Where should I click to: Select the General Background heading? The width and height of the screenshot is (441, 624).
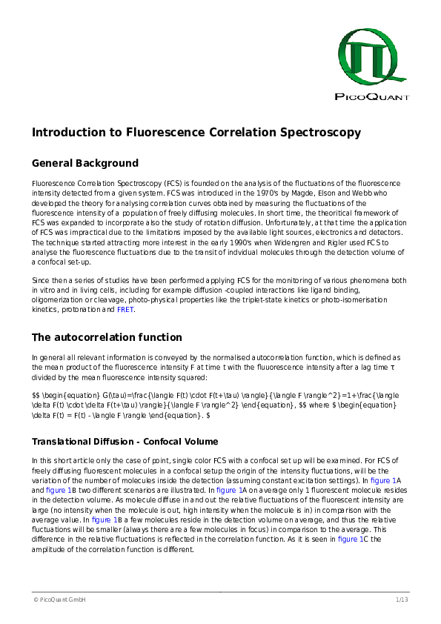[x=84, y=163]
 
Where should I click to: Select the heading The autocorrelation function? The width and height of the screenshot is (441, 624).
[x=107, y=337]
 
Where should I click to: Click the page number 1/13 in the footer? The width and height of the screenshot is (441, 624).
[x=402, y=599]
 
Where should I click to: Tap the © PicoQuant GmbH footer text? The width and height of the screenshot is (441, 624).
[x=59, y=599]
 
